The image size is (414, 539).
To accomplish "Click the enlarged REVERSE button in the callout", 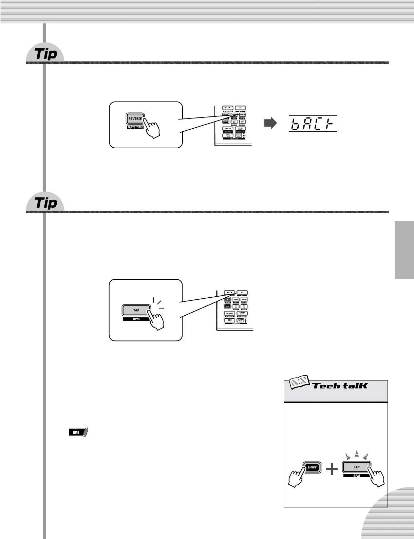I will click(x=135, y=119).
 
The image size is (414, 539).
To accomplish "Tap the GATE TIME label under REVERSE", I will click(x=135, y=127).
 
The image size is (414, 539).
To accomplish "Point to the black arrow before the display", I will click(x=270, y=124).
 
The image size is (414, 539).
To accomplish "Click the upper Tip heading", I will click(x=46, y=54).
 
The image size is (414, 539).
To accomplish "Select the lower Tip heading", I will click(x=46, y=203).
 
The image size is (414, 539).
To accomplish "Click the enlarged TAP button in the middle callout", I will click(x=136, y=310).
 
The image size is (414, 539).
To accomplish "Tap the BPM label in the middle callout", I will click(x=136, y=319).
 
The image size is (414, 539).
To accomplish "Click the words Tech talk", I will click(x=340, y=386).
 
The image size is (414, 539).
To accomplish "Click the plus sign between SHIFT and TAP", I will click(x=332, y=469).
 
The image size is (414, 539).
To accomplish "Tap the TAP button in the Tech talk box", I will click(x=356, y=467).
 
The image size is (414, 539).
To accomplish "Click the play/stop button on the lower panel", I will click(x=230, y=292).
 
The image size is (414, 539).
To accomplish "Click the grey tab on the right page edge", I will click(x=404, y=250).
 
